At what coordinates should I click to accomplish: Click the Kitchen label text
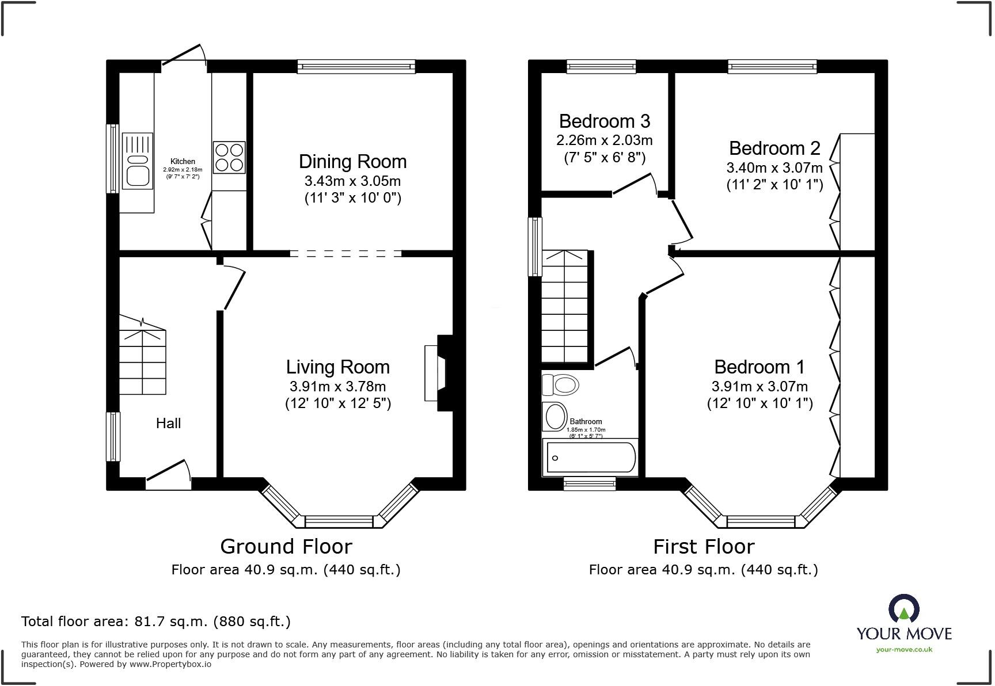pyautogui.click(x=183, y=162)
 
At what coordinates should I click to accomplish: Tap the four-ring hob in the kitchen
pyautogui.click(x=229, y=158)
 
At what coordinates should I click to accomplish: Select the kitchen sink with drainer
pyautogui.click(x=138, y=161)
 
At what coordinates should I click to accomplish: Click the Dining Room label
pyautogui.click(x=352, y=162)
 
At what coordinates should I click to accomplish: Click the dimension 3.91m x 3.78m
pyautogui.click(x=337, y=387)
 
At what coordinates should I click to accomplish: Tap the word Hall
pyautogui.click(x=168, y=424)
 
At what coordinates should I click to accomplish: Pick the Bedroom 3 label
pyautogui.click(x=604, y=121)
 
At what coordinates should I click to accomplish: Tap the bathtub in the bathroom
pyautogui.click(x=590, y=458)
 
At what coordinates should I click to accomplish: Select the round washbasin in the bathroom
pyautogui.click(x=556, y=417)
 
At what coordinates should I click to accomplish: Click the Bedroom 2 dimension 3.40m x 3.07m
pyautogui.click(x=774, y=168)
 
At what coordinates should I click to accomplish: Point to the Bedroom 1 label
pyautogui.click(x=759, y=367)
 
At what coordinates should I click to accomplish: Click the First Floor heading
pyautogui.click(x=703, y=546)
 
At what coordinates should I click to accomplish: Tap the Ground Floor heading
pyautogui.click(x=286, y=546)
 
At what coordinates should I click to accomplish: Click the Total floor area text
pyautogui.click(x=155, y=622)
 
